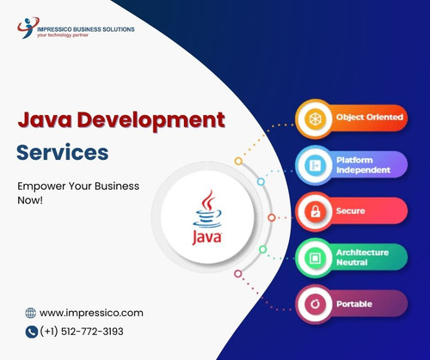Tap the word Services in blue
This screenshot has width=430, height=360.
point(63,152)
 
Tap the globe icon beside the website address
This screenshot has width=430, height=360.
point(31,313)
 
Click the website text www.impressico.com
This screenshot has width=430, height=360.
point(91,313)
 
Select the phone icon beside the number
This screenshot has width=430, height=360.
point(32,331)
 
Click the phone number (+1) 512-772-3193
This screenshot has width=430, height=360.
point(87,331)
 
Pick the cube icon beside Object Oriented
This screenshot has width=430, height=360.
point(313,117)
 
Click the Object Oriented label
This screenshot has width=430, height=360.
point(369,117)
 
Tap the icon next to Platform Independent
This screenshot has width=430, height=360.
point(313,163)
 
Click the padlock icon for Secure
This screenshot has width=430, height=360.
point(313,211)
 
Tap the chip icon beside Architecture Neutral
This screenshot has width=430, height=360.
point(313,257)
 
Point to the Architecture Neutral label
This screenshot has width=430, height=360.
point(362,257)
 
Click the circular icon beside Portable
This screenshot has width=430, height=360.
point(313,303)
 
